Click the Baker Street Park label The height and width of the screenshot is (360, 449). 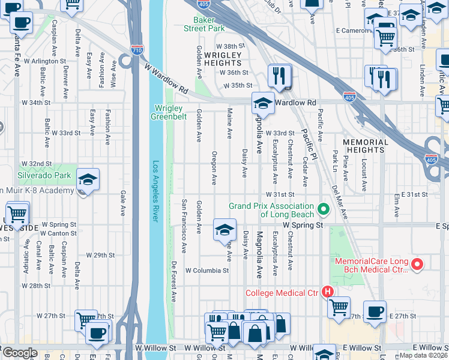pos(203,24)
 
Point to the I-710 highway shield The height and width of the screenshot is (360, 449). pos(137,50)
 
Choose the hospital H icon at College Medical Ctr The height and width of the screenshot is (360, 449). pos(328,293)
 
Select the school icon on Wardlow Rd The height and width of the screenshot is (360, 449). pos(262,104)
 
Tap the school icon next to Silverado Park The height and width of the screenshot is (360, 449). pos(88,180)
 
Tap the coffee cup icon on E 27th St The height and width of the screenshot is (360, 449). pos(375,311)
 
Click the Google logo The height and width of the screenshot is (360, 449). pos(20,353)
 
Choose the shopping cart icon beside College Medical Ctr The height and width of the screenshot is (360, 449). pos(339,307)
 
